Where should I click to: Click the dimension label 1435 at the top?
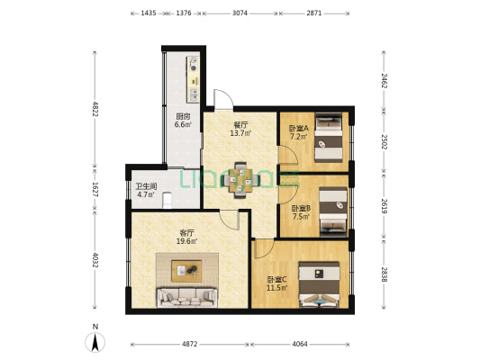(x=149, y=13)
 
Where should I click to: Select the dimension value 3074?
(x=240, y=13)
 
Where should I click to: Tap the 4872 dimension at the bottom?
(x=190, y=344)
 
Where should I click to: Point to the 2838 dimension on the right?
(x=384, y=274)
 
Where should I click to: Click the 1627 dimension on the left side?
(x=95, y=190)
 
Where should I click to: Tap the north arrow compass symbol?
(x=95, y=342)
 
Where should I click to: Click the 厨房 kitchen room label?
(x=183, y=116)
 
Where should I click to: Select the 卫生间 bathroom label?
(x=146, y=186)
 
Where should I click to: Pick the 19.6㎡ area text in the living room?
(x=186, y=241)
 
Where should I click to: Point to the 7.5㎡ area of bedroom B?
(x=301, y=217)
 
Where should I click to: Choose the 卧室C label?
(x=277, y=280)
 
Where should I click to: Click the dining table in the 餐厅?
(x=240, y=180)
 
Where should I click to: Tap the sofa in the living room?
(x=187, y=297)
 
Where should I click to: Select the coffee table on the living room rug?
(x=186, y=271)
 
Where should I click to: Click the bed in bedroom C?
(x=320, y=284)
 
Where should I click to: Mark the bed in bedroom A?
(x=329, y=138)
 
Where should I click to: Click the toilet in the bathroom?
(x=168, y=200)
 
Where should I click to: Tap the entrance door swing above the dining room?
(x=223, y=99)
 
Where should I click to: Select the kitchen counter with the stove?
(x=193, y=79)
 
